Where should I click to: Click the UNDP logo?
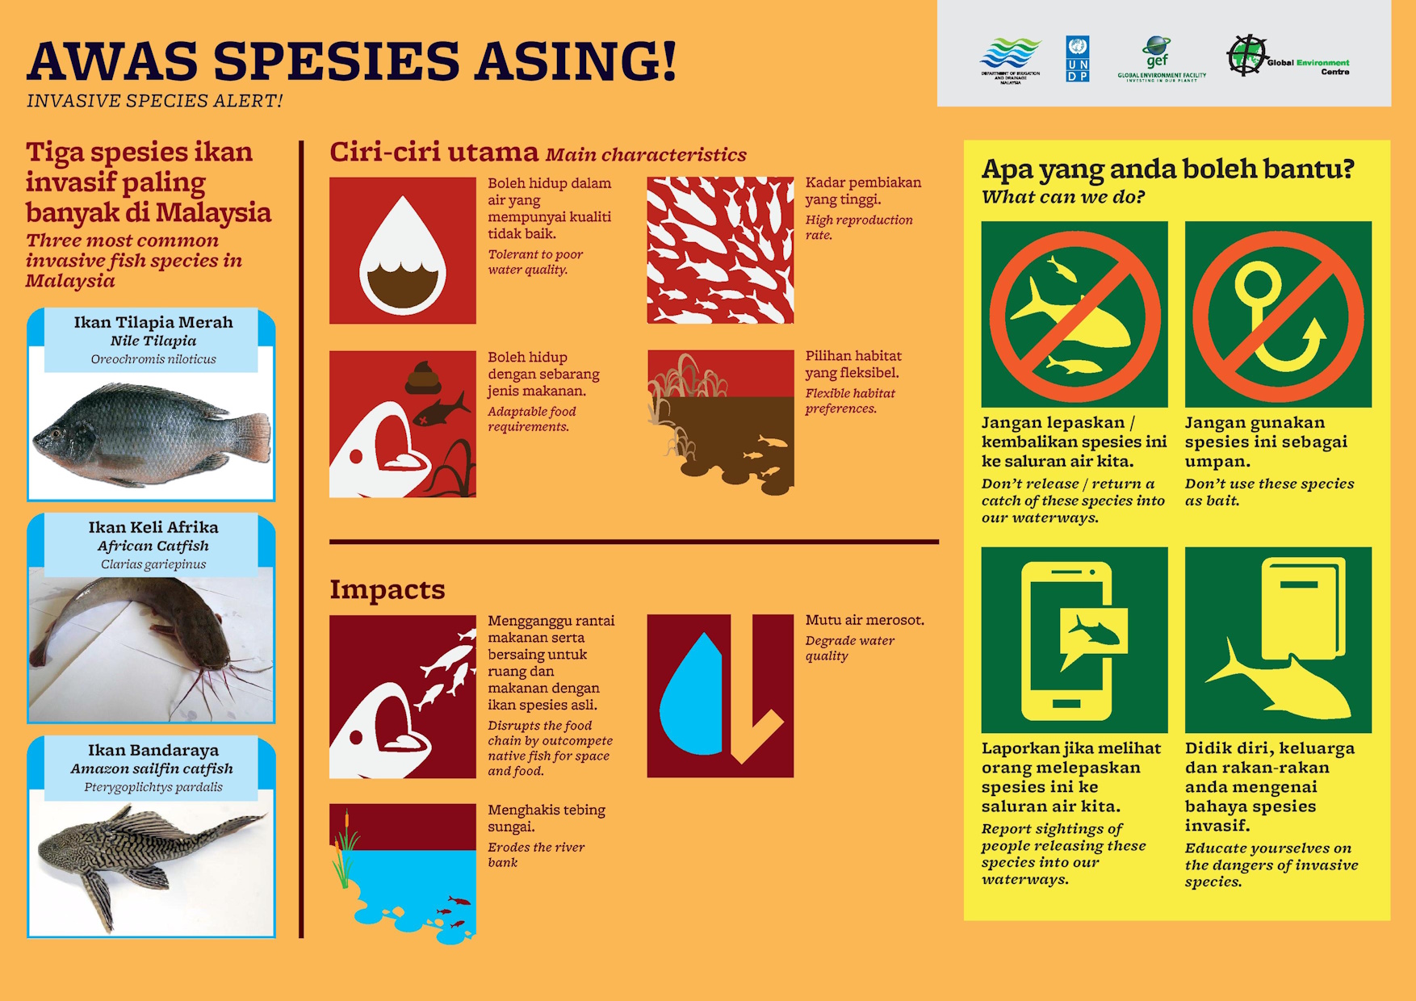click(1078, 59)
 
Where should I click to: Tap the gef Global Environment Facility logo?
click(1161, 59)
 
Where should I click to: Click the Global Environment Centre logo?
click(1288, 57)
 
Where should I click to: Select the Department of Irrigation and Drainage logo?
click(1011, 61)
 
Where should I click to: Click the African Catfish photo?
click(151, 643)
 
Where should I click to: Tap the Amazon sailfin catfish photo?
click(151, 862)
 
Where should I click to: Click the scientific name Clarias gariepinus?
click(153, 564)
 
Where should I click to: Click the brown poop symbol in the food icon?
click(423, 378)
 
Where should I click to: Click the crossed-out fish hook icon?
click(1278, 314)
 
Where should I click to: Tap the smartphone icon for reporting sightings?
click(1067, 641)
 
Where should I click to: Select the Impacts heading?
click(387, 589)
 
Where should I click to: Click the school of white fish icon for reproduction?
click(720, 250)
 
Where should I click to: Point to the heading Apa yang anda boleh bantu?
click(1167, 170)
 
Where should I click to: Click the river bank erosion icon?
click(402, 873)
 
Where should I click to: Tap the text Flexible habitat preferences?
click(849, 400)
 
